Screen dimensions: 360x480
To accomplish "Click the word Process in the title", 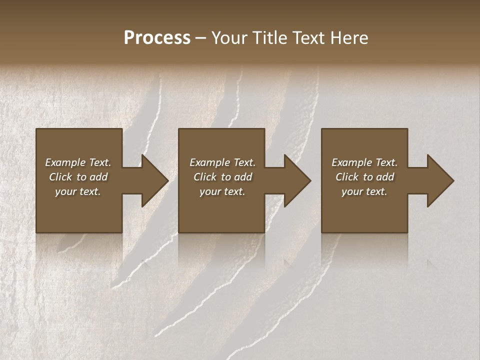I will pos(157,38).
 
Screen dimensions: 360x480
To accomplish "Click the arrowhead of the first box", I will pos(153,180).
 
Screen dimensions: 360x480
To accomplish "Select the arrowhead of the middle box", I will pos(295,180).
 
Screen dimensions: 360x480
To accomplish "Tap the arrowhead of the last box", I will pos(438,180).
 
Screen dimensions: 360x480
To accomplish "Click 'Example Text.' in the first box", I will pos(78,162).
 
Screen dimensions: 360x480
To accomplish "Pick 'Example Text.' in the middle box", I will pos(222,162).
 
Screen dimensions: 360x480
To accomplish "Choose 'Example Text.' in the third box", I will pos(364,162).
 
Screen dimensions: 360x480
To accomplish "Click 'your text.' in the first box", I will pos(78,191).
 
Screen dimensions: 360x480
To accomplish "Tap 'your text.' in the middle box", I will pos(222,191).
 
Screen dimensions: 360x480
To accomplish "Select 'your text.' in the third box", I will pos(364,191).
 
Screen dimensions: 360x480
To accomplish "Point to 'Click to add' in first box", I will pos(78,177).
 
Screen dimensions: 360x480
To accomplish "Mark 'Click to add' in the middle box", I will pos(222,177).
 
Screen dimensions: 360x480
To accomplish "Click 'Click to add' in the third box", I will pos(364,177).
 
